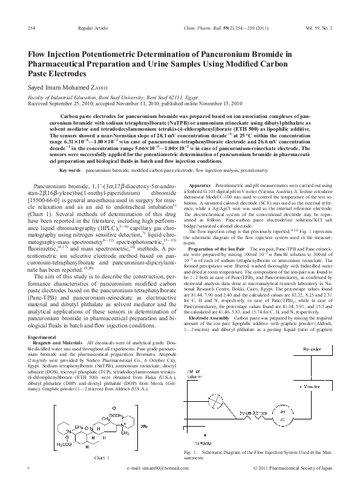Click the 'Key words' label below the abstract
(70, 171)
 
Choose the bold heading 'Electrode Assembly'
(210, 317)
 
